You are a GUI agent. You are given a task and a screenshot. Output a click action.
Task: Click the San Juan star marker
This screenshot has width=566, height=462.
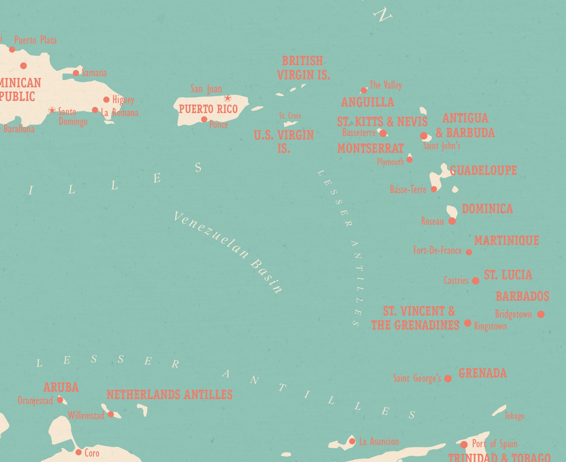point(228,98)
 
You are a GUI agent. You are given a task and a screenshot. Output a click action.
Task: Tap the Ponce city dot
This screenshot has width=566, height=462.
point(204,119)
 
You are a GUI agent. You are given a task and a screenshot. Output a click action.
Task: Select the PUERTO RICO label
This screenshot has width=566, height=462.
point(208,109)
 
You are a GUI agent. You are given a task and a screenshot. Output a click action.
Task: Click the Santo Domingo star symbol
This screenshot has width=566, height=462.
point(52,110)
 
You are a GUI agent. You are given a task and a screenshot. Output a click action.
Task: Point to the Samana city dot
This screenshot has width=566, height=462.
point(76,73)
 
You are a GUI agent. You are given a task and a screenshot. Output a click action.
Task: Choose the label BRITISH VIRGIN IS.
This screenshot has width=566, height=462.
point(303,68)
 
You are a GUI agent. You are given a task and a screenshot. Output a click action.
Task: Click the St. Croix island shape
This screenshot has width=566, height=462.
point(290,124)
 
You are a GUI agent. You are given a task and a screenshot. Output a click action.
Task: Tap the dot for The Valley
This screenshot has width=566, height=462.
point(364,90)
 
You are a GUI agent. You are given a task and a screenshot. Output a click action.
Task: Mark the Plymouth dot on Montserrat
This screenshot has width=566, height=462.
point(410,160)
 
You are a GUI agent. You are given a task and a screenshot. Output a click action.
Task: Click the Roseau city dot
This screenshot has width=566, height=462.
point(452,221)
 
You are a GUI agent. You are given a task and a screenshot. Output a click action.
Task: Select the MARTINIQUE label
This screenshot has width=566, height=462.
point(507,241)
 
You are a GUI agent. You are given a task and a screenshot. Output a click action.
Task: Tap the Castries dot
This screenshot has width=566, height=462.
point(476,281)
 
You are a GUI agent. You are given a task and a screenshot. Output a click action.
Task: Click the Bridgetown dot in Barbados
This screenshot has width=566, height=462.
point(541,314)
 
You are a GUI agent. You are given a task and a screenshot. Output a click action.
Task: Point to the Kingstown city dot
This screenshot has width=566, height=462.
point(468,323)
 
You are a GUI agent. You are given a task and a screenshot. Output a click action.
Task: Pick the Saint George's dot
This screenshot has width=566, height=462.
point(448,378)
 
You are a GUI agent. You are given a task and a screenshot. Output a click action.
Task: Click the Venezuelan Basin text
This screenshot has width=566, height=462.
point(228,252)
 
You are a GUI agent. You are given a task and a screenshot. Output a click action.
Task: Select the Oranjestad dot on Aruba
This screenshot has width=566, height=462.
point(60,400)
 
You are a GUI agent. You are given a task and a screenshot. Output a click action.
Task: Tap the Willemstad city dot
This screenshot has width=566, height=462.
point(111,414)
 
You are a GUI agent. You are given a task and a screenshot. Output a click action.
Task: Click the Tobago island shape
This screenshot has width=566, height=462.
point(499,410)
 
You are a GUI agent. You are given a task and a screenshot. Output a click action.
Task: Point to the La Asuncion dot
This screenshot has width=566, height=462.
point(352,441)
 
